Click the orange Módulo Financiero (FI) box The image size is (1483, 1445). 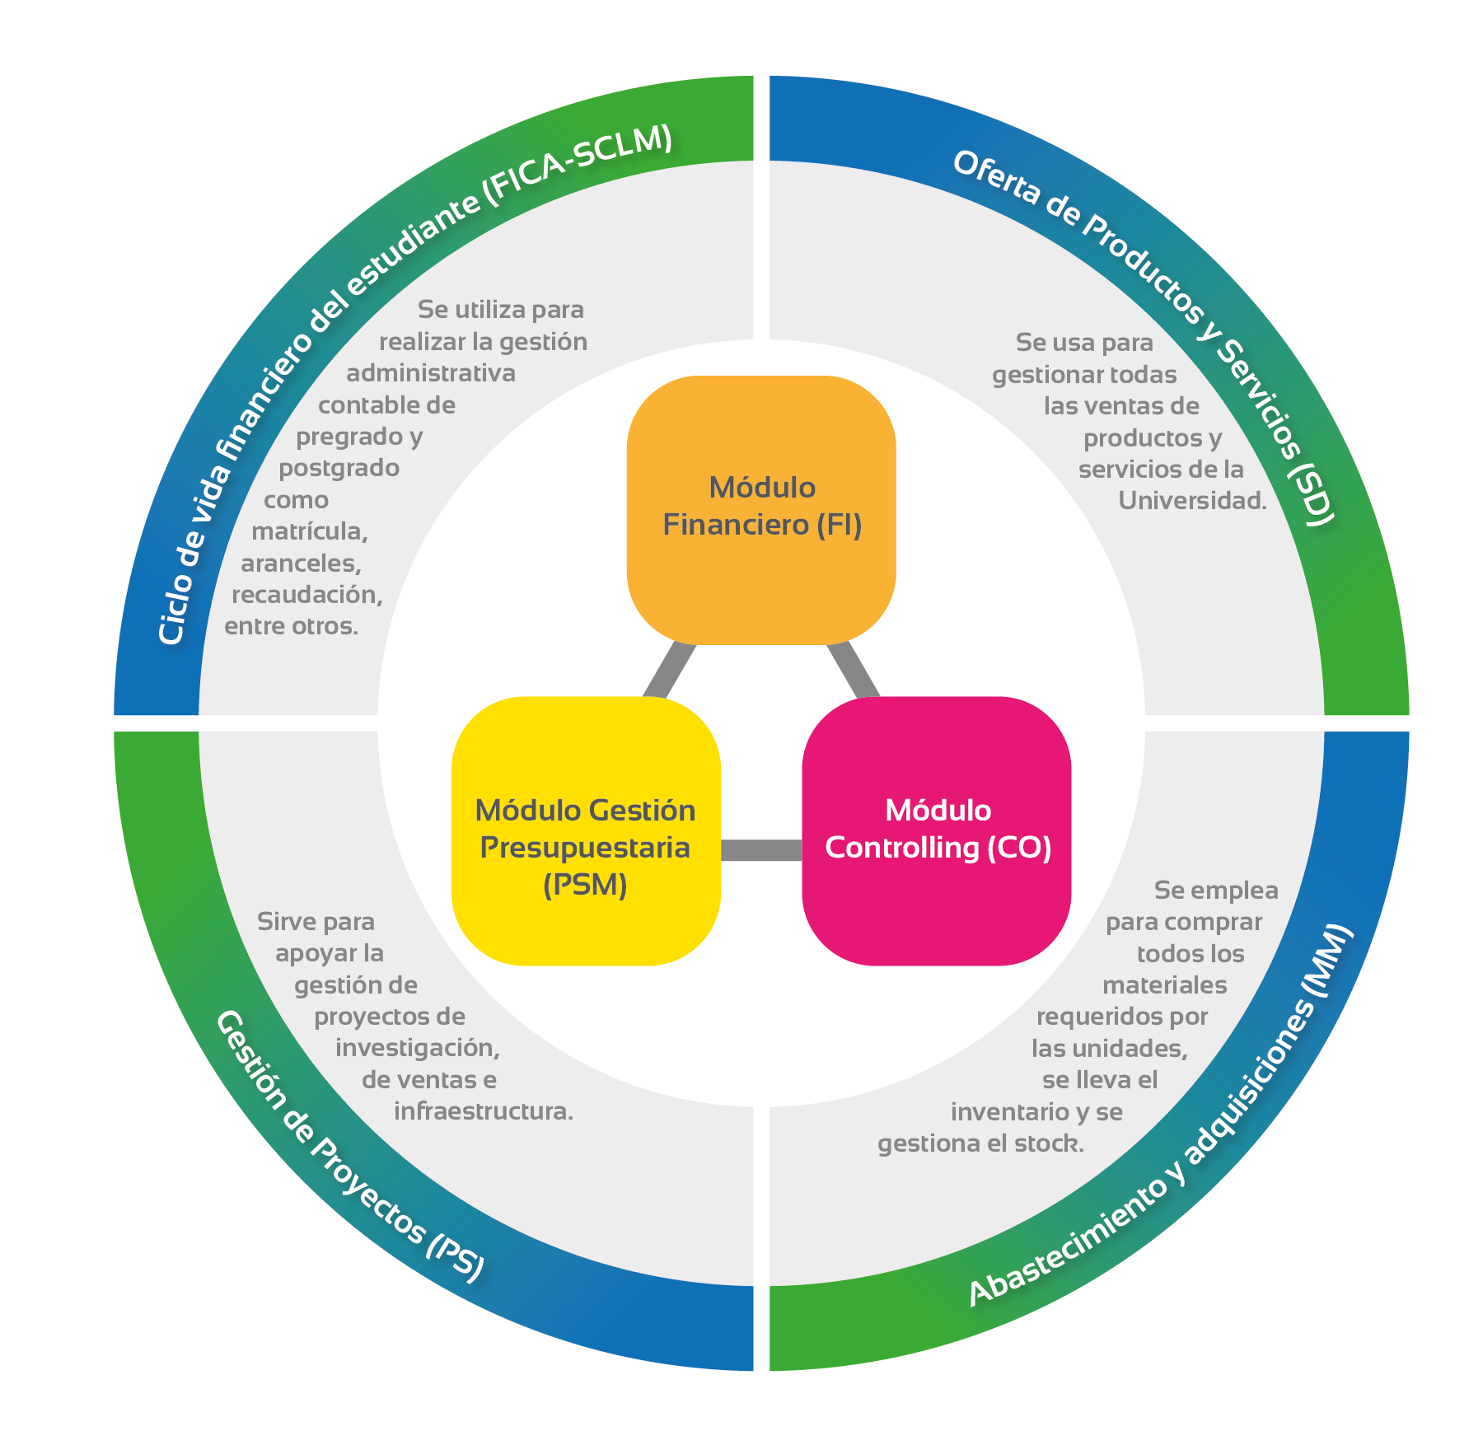[761, 509]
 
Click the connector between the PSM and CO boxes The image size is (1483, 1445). [761, 849]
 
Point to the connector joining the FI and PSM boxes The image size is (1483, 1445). [670, 671]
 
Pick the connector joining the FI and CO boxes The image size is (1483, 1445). [854, 671]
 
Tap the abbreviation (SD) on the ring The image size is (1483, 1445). [1310, 492]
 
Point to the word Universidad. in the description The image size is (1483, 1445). [1192, 501]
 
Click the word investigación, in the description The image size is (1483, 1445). [418, 1049]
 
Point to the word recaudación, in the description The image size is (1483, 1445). [307, 595]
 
